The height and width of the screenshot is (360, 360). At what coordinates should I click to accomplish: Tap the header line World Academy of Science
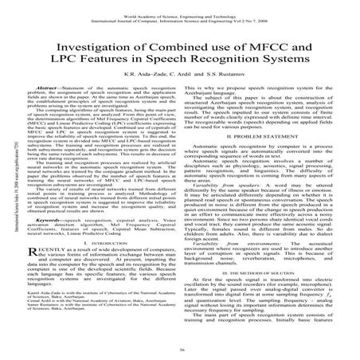coord(180,5)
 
